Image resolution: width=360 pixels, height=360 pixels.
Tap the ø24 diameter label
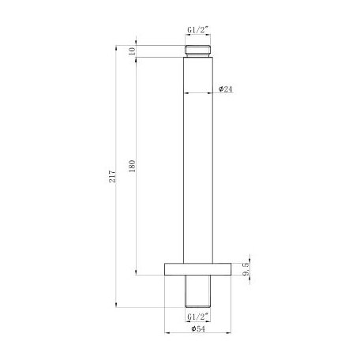pyautogui.click(x=225, y=89)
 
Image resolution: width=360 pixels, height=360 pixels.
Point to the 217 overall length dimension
pyautogui.click(x=113, y=175)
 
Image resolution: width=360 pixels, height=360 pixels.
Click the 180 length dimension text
pyautogui.click(x=132, y=167)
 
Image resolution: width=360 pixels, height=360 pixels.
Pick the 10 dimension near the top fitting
pyautogui.click(x=132, y=51)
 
